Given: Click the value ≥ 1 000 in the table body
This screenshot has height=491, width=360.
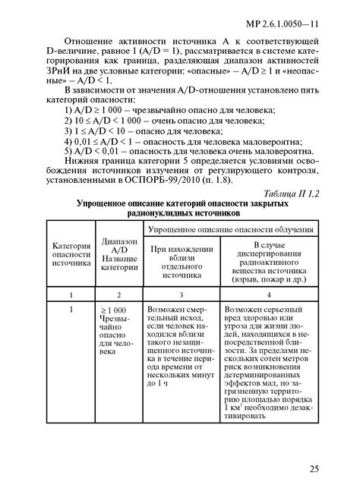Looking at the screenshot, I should click(x=114, y=311).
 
